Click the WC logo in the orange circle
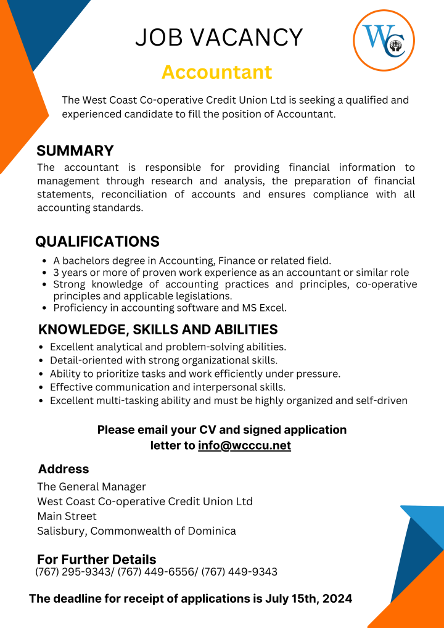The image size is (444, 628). pos(384,41)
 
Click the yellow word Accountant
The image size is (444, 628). pos(216,72)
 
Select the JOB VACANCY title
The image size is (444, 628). pos(219,38)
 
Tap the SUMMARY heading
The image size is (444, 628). pos(75,151)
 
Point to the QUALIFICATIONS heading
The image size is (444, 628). pos(97,241)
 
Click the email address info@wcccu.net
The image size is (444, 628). pos(244,445)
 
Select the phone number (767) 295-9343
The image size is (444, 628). pos(73,572)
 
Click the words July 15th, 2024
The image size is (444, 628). pos(309,598)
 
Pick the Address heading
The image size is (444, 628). pos(64,469)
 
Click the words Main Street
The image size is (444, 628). pos(67,516)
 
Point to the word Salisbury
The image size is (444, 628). pos(61,531)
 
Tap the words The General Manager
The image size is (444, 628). pos(91,487)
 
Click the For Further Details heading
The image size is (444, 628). pos(97,560)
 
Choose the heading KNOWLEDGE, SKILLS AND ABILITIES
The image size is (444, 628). pos(158,329)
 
